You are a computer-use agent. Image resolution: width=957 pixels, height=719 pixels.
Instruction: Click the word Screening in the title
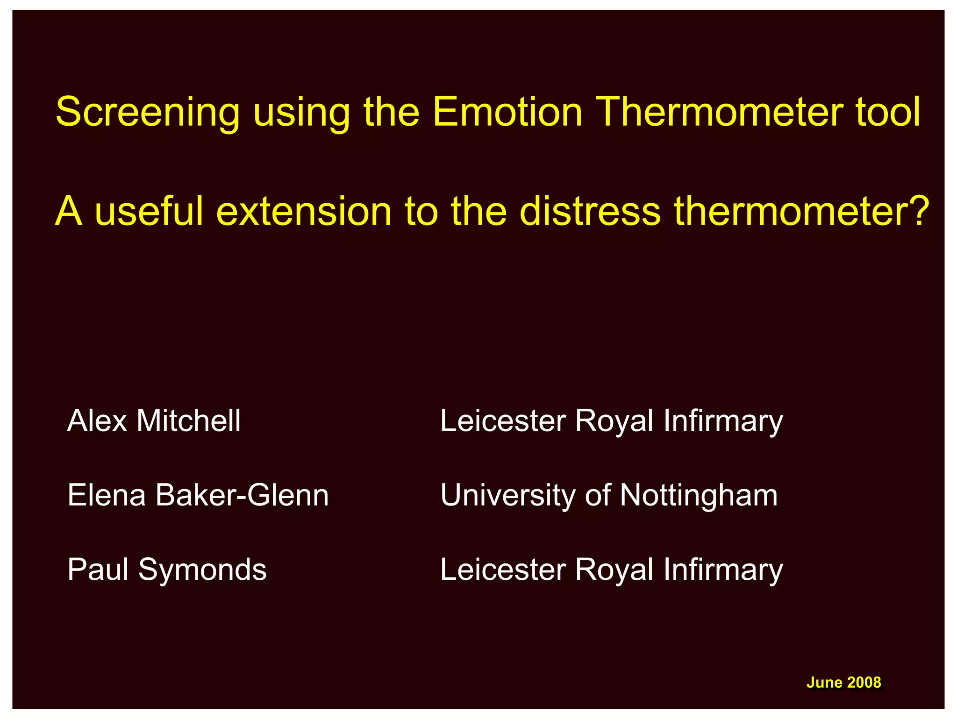[148, 113]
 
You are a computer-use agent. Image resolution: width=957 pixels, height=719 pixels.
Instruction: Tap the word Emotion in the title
[507, 112]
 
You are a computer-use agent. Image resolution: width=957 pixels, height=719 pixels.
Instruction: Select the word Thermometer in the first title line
[720, 112]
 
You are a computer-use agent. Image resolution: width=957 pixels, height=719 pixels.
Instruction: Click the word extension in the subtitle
[304, 211]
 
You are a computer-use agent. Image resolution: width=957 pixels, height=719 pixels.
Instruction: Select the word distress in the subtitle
[590, 211]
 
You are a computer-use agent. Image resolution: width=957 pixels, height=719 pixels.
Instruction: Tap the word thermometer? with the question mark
[801, 211]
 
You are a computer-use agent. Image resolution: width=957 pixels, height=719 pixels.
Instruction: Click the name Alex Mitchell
[154, 420]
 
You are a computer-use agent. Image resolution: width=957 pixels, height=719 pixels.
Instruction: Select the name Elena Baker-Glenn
[198, 495]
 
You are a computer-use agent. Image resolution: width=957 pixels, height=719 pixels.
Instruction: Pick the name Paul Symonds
[167, 570]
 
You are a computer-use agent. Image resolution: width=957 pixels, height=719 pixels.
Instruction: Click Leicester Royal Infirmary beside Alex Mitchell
[611, 421]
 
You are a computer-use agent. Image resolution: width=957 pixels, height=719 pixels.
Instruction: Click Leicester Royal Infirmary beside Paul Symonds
[611, 570]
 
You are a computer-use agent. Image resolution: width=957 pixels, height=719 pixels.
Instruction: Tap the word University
[508, 496]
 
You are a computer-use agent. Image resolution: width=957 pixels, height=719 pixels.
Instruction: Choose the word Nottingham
[699, 496]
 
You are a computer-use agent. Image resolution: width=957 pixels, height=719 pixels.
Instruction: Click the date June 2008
[843, 683]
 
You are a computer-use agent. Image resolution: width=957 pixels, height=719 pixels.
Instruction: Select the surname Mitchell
[188, 420]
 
